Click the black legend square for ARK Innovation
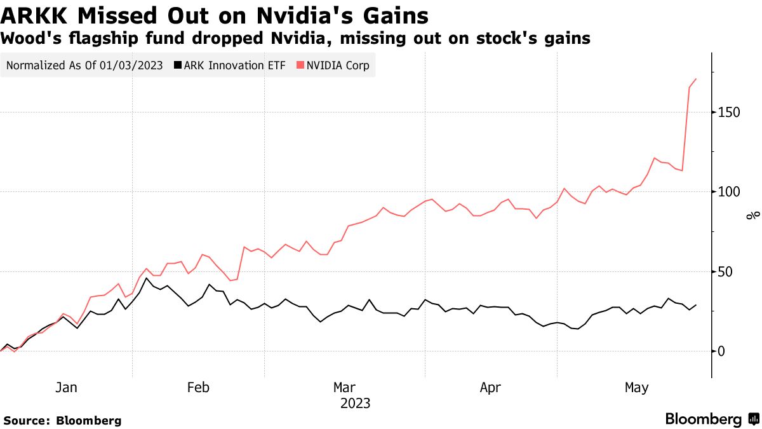click(178, 65)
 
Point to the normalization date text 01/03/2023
click(131, 65)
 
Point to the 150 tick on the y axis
click(728, 112)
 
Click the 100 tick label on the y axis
click(728, 192)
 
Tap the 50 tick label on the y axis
click(725, 272)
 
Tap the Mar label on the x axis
click(345, 388)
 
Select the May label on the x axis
click(637, 388)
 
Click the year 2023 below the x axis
click(355, 404)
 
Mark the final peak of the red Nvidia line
click(696, 79)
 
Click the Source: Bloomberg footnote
click(62, 420)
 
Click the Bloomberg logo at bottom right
click(711, 419)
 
